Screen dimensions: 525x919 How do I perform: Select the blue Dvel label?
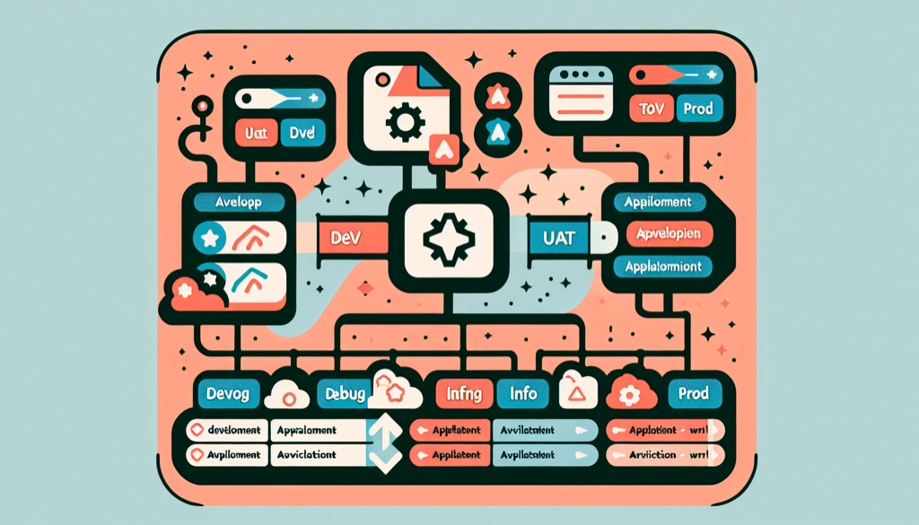click(x=302, y=135)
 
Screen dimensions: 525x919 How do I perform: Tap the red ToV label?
click(x=649, y=109)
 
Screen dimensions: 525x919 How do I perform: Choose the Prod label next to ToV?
click(x=697, y=109)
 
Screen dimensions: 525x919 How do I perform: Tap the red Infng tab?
click(x=464, y=393)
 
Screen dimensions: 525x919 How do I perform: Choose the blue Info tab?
click(x=522, y=393)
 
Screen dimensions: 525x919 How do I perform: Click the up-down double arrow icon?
click(x=382, y=443)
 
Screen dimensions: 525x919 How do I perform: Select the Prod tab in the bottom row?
click(x=694, y=393)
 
